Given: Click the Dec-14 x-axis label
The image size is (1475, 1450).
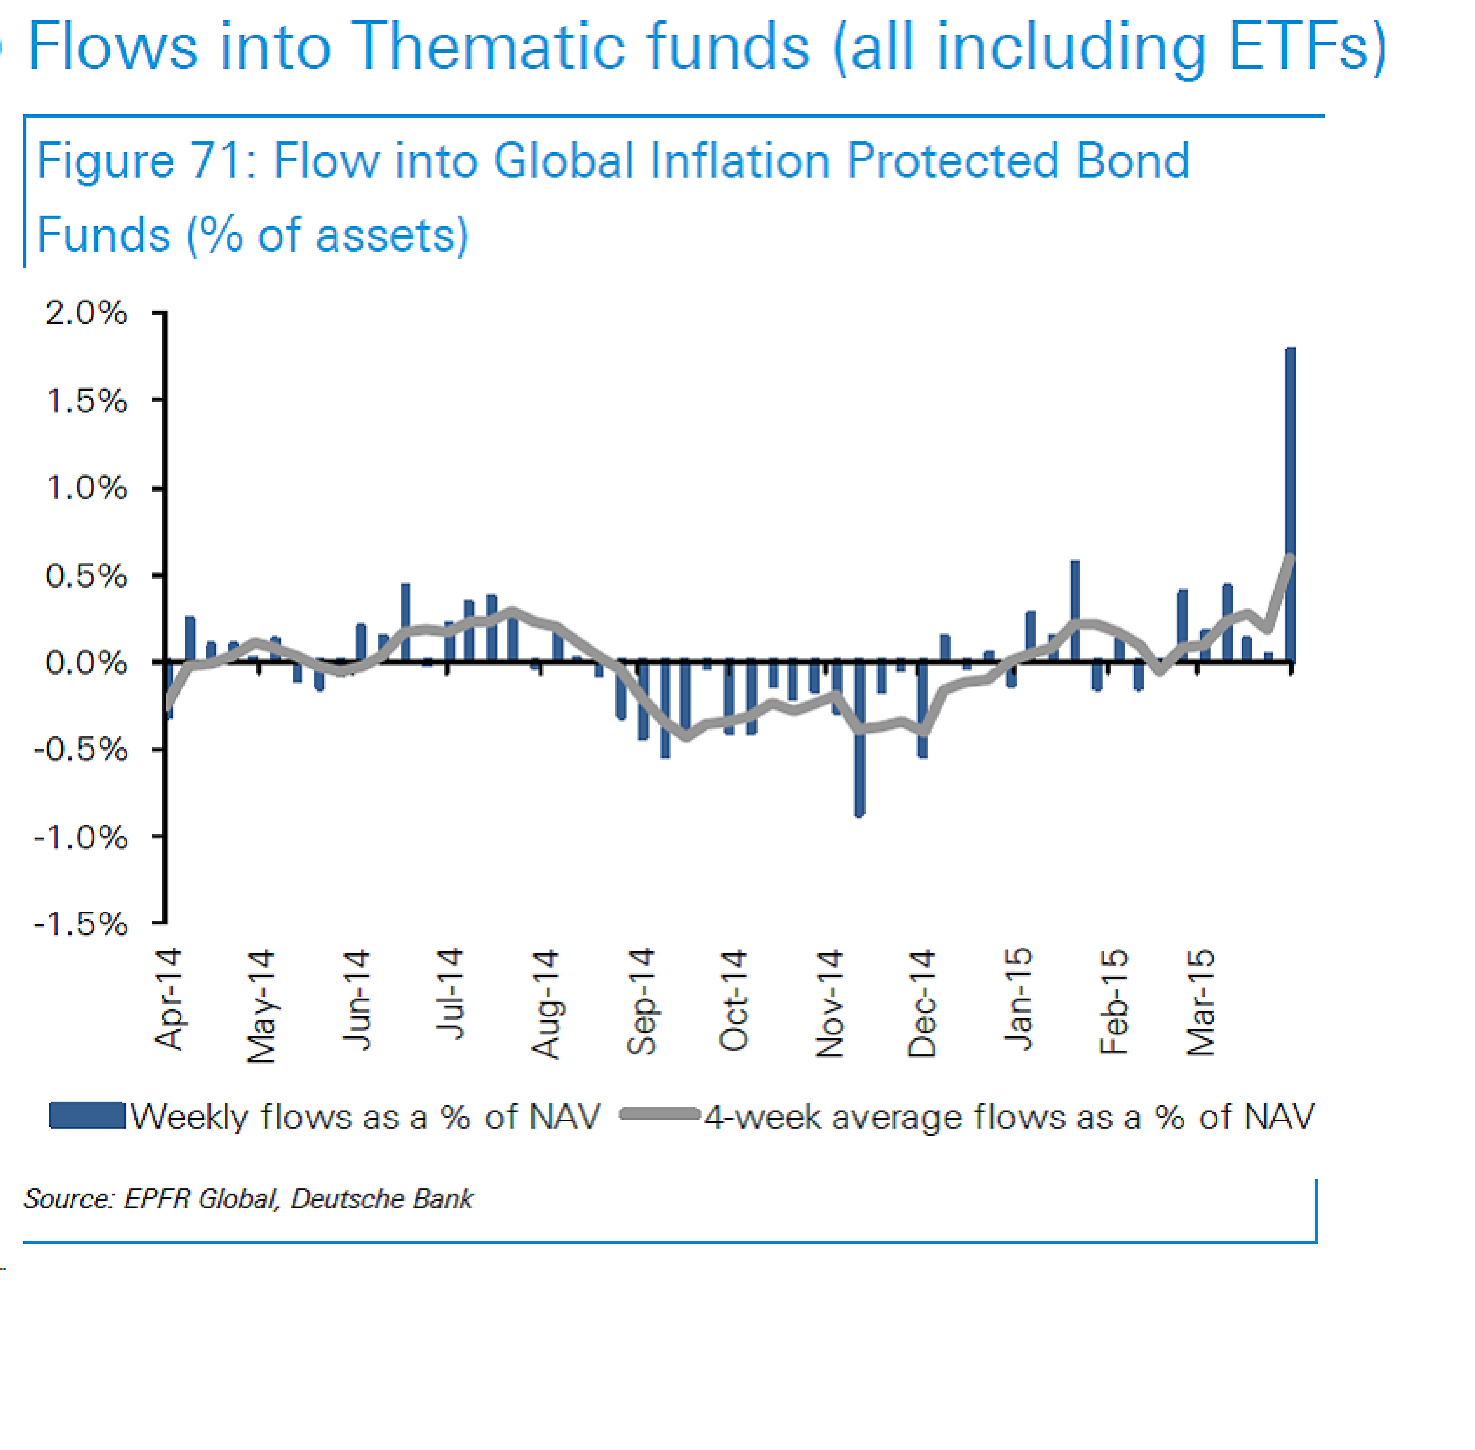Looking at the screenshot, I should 921,1003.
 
